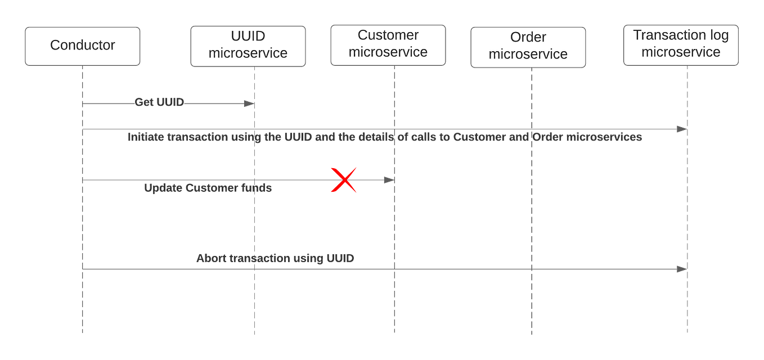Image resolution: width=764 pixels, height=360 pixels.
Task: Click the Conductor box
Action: (83, 46)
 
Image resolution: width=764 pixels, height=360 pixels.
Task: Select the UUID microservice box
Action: (248, 46)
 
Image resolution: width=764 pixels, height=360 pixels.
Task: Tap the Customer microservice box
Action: (388, 44)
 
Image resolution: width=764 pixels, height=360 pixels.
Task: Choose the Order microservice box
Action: (528, 47)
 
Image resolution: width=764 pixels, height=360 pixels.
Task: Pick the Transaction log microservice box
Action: (681, 44)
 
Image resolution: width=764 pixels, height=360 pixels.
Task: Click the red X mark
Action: (344, 180)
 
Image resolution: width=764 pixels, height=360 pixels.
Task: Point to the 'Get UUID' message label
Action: (160, 102)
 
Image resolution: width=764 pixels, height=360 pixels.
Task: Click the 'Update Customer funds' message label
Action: (208, 188)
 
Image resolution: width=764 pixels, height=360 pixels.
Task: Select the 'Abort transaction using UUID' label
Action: (275, 259)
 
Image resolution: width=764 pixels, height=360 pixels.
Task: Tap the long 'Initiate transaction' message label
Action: (385, 137)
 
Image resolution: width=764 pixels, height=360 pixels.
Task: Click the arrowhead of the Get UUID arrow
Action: (249, 103)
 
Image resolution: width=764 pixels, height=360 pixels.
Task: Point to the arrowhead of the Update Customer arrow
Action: (388, 180)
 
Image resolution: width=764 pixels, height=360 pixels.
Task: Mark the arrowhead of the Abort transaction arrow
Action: (681, 269)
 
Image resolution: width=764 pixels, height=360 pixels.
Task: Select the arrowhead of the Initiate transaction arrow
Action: (681, 129)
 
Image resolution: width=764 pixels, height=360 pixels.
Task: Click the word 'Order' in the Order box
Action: (528, 38)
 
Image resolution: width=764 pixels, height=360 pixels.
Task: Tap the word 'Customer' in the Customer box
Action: (388, 35)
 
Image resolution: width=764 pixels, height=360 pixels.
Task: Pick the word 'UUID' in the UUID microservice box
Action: (248, 37)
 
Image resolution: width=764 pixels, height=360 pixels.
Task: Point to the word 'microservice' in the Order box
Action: (528, 55)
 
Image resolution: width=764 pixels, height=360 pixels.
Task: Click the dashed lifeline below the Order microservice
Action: (531, 225)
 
